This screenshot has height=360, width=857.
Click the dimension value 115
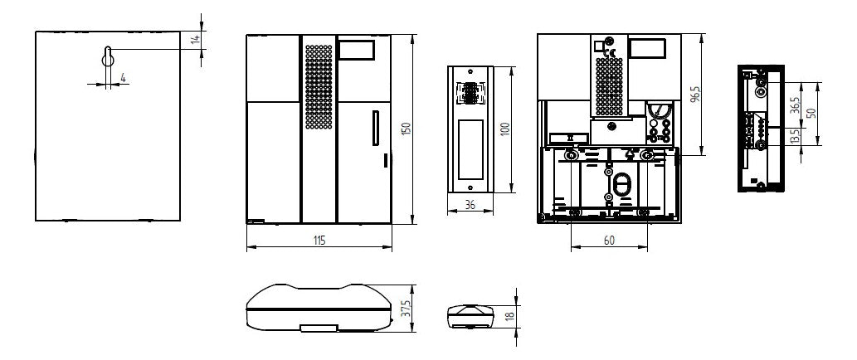click(319, 241)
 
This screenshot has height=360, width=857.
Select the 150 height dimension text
click(406, 129)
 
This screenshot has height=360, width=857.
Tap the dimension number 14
click(195, 39)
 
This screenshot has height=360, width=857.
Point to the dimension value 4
click(123, 78)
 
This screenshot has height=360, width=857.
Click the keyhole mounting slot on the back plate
click(108, 57)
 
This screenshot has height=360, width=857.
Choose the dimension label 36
click(470, 205)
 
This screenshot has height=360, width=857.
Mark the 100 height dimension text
click(505, 129)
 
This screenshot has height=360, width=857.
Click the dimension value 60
click(609, 240)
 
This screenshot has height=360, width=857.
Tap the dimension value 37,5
click(406, 308)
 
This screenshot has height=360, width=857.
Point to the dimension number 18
click(509, 316)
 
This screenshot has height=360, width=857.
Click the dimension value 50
click(811, 113)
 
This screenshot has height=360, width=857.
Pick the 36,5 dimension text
click(796, 105)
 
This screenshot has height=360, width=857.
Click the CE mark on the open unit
click(610, 54)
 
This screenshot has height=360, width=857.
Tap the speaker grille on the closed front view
click(319, 87)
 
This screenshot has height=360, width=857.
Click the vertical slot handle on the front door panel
click(376, 128)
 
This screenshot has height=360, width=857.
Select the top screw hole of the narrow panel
click(470, 71)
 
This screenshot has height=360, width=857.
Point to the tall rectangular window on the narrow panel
click(470, 149)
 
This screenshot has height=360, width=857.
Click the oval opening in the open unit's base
click(621, 185)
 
